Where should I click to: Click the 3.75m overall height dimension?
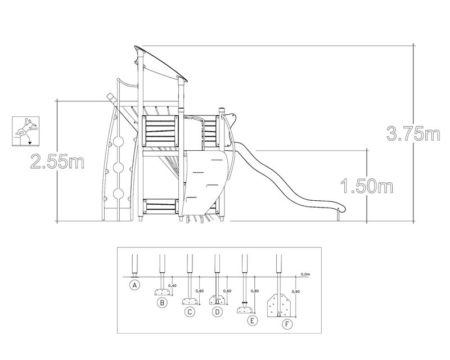point(413,134)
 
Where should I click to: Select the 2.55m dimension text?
point(57,161)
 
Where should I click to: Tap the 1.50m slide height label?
point(367,186)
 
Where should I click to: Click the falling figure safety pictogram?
point(25,131)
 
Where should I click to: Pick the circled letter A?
point(134,285)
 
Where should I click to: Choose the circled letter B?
point(162,302)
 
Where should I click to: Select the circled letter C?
point(190,312)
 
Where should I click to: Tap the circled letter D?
point(217,312)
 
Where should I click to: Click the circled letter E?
point(253,321)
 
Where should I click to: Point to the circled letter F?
point(287,325)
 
